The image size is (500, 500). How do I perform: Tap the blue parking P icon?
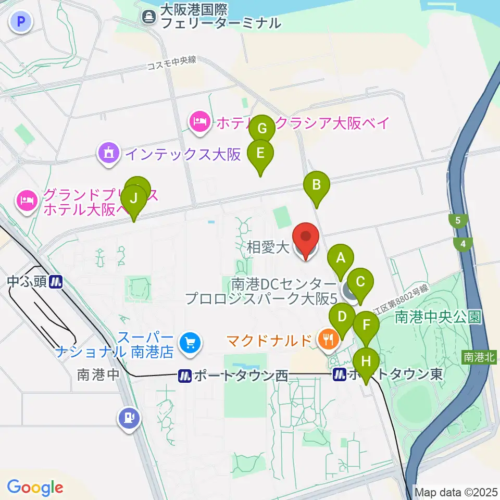(x=21, y=21)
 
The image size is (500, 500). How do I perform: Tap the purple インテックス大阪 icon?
(x=108, y=154)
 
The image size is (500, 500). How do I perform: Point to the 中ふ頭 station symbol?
(x=56, y=282)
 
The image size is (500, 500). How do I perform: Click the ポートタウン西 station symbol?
(x=184, y=376)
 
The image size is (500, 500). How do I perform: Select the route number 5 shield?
(x=458, y=220)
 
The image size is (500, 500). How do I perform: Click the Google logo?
(x=35, y=487)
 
